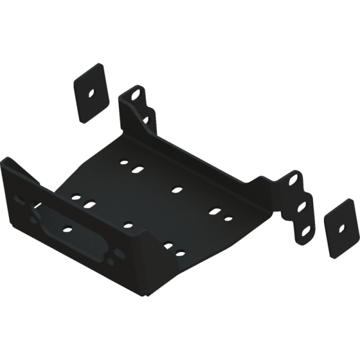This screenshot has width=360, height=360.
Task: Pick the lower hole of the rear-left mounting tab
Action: point(146,119)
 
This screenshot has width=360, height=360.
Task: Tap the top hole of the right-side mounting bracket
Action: point(296,179)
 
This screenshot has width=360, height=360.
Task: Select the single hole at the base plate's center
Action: point(176,190)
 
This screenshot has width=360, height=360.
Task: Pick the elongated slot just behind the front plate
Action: point(90,205)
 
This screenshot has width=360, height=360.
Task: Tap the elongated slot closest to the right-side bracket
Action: point(215,211)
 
